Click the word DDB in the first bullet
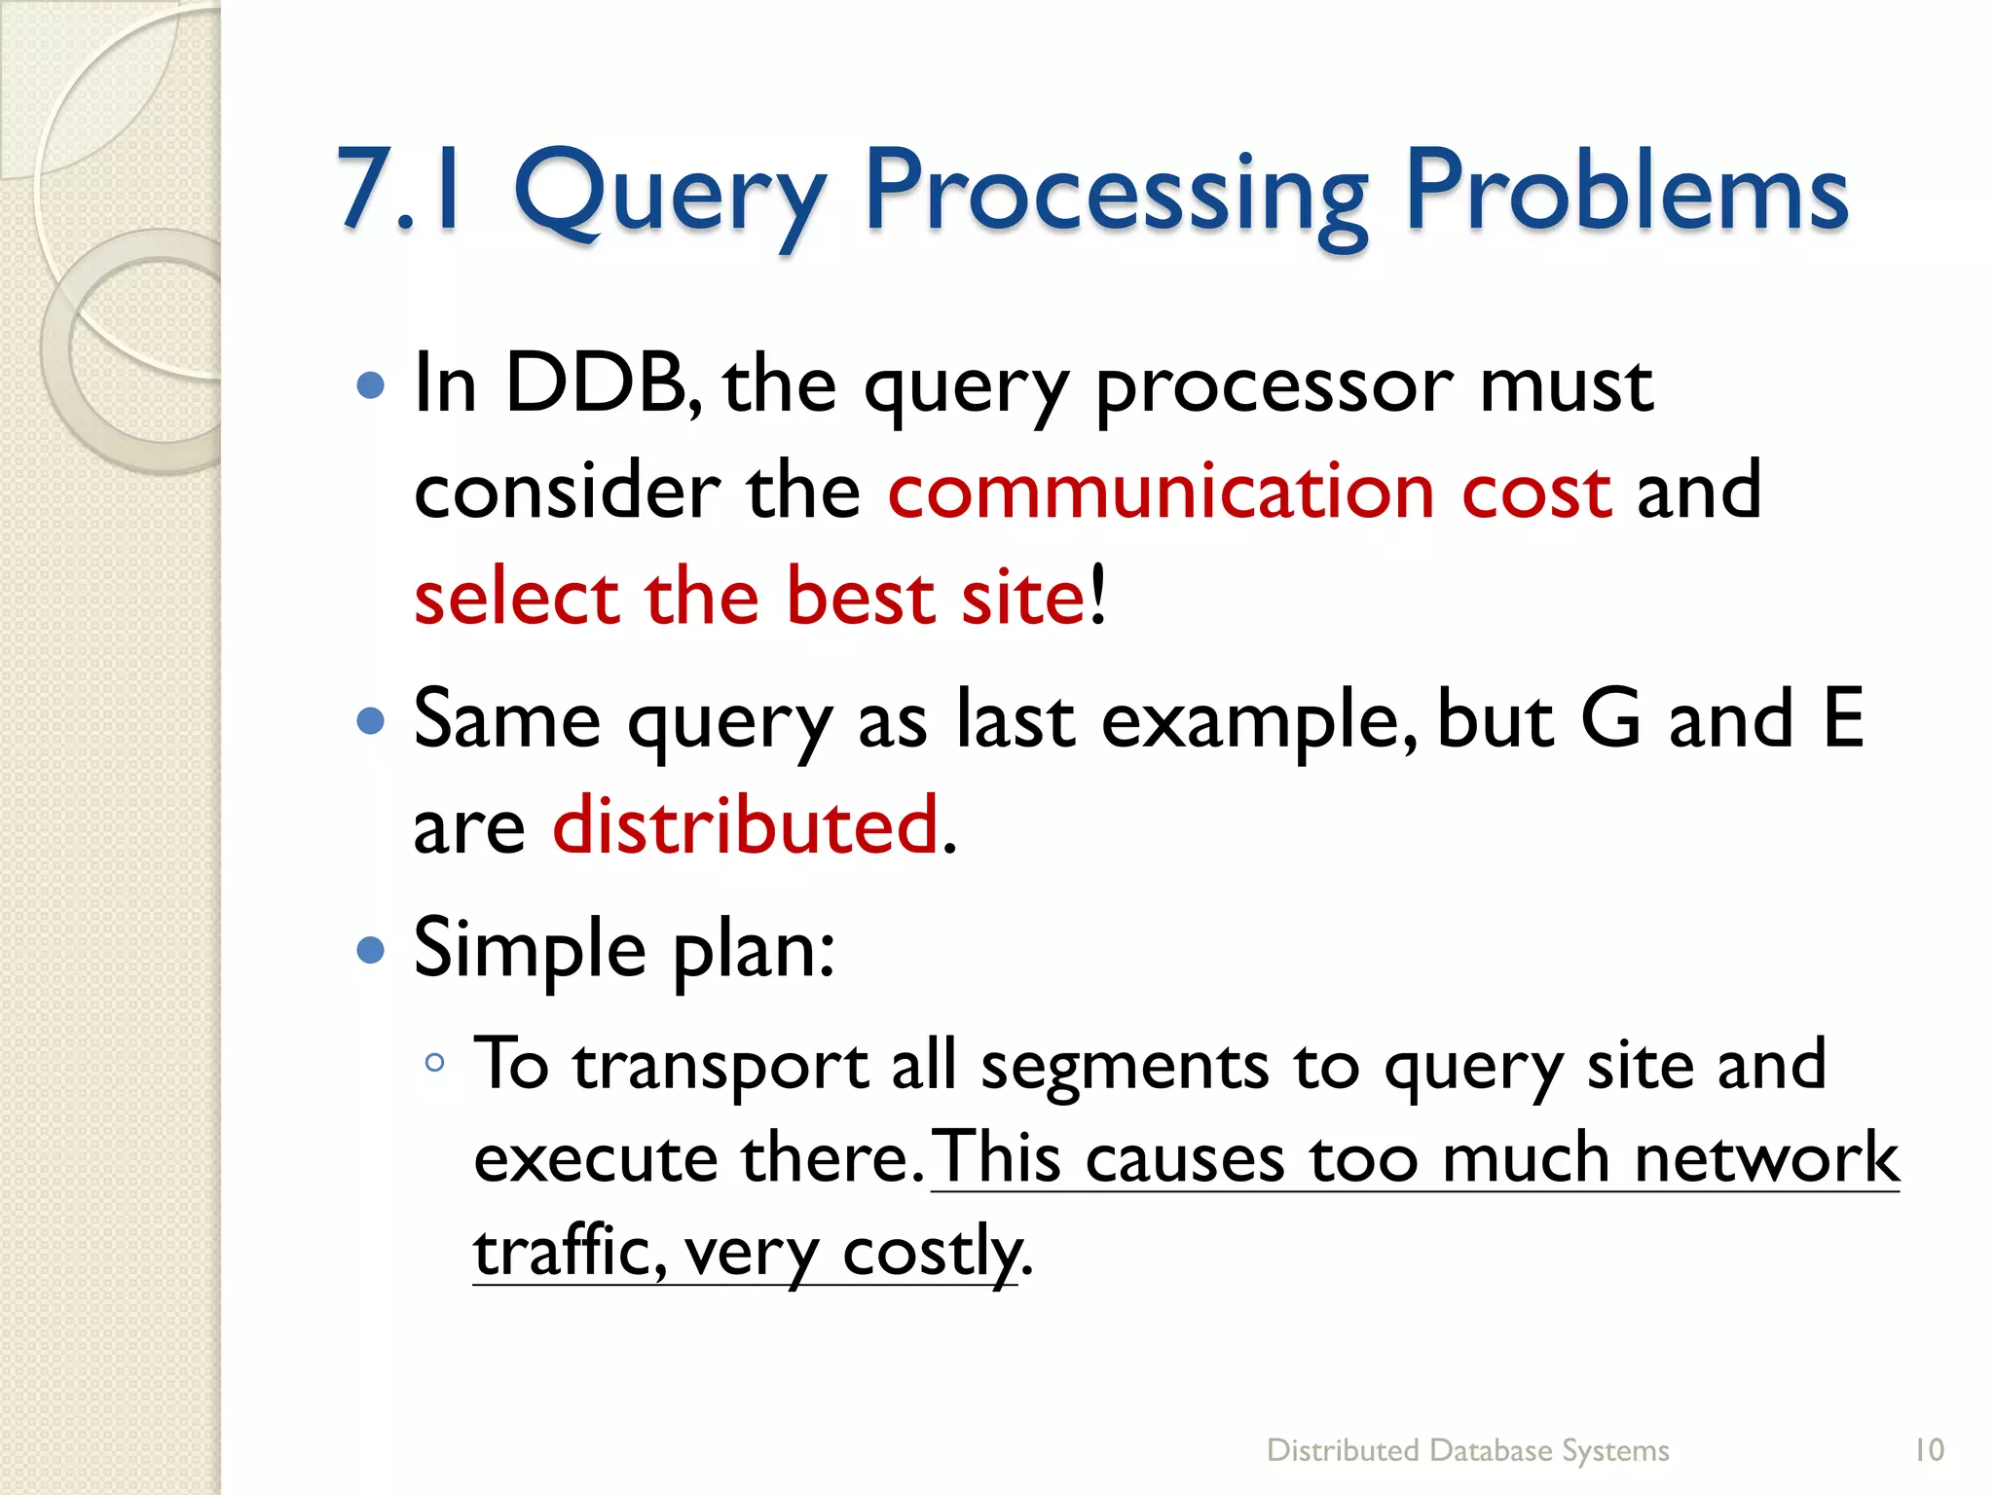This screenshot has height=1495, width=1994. [x=596, y=383]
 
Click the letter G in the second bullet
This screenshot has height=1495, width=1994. [x=1611, y=718]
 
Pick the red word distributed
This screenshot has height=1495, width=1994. [x=746, y=825]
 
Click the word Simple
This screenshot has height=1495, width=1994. [x=529, y=948]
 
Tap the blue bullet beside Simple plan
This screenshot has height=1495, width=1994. [x=371, y=949]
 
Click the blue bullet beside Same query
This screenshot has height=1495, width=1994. [x=371, y=720]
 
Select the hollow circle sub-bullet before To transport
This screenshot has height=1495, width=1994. [x=435, y=1063]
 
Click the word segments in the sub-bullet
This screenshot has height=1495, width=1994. [x=1125, y=1065]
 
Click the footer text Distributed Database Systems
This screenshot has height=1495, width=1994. [x=1467, y=1450]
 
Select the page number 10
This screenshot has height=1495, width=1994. [x=1929, y=1450]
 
